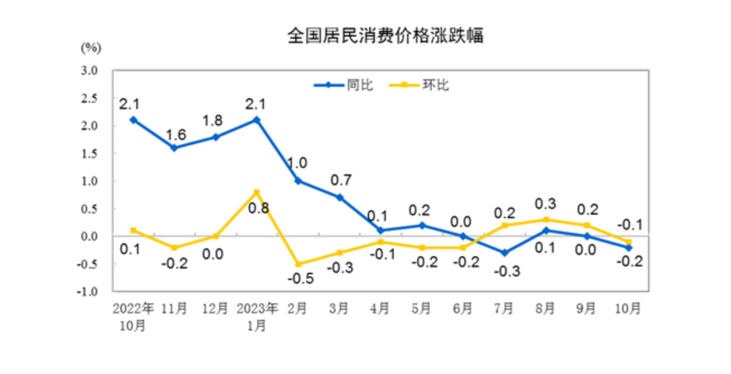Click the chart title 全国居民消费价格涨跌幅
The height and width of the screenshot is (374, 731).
[x=385, y=36]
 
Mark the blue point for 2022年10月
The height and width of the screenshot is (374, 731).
[x=133, y=119]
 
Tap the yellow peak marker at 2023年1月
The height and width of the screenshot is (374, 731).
[x=257, y=192]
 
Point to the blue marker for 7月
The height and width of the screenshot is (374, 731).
[x=504, y=253]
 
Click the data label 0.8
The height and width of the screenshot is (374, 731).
[x=259, y=209]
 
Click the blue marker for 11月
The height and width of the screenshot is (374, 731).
[x=174, y=147]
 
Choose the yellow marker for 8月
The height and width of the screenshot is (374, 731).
[x=546, y=220]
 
